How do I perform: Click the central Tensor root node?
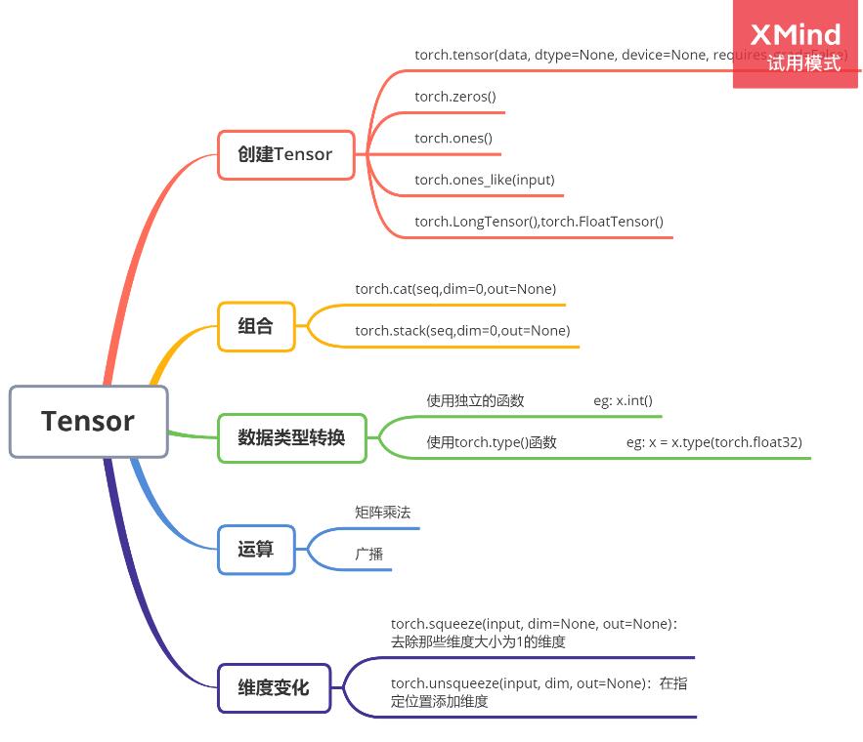[88, 422]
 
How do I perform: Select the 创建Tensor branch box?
[285, 154]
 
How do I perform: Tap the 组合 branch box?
[255, 326]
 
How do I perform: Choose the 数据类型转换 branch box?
[291, 437]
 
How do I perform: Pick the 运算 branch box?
[255, 550]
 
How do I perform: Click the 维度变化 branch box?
[274, 687]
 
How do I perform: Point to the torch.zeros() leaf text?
[455, 97]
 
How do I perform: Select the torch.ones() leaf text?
[453, 139]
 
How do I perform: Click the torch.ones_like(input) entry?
[484, 180]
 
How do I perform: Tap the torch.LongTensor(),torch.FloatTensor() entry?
[539, 222]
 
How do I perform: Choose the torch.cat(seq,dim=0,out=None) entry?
[455, 289]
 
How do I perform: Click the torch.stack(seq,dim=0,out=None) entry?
[461, 331]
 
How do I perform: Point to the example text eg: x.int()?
[623, 400]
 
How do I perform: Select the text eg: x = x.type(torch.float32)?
[713, 442]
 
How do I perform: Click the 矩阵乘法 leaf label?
[383, 512]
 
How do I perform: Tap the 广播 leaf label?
[369, 554]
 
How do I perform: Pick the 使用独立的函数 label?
[475, 400]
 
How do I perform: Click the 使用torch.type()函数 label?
[492, 442]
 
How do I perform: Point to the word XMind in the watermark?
[796, 35]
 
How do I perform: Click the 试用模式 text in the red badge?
[803, 63]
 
